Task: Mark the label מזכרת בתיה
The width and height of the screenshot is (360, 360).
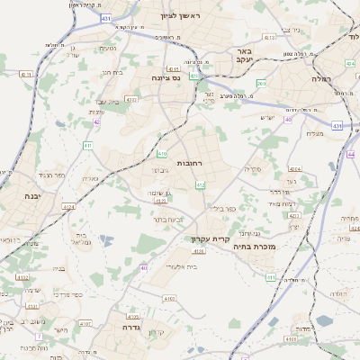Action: [x=253, y=245]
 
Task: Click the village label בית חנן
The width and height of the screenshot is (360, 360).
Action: [x=112, y=71]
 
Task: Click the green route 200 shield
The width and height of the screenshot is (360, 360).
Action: [x=261, y=83]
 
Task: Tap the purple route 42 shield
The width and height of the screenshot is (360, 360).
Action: [x=96, y=121]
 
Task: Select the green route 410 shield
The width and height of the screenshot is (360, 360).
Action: [x=162, y=154]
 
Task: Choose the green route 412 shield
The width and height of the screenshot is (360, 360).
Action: [x=200, y=185]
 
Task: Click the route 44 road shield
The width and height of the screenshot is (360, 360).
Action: [x=350, y=154]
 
